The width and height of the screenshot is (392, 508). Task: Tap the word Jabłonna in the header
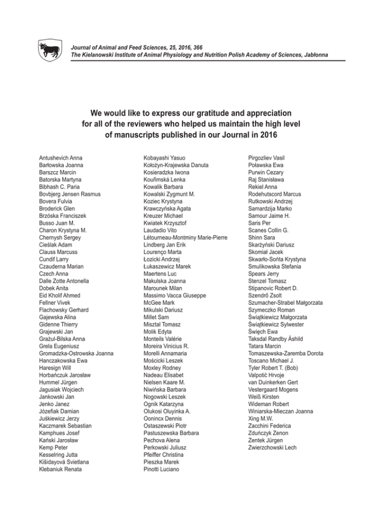point(312,54)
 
